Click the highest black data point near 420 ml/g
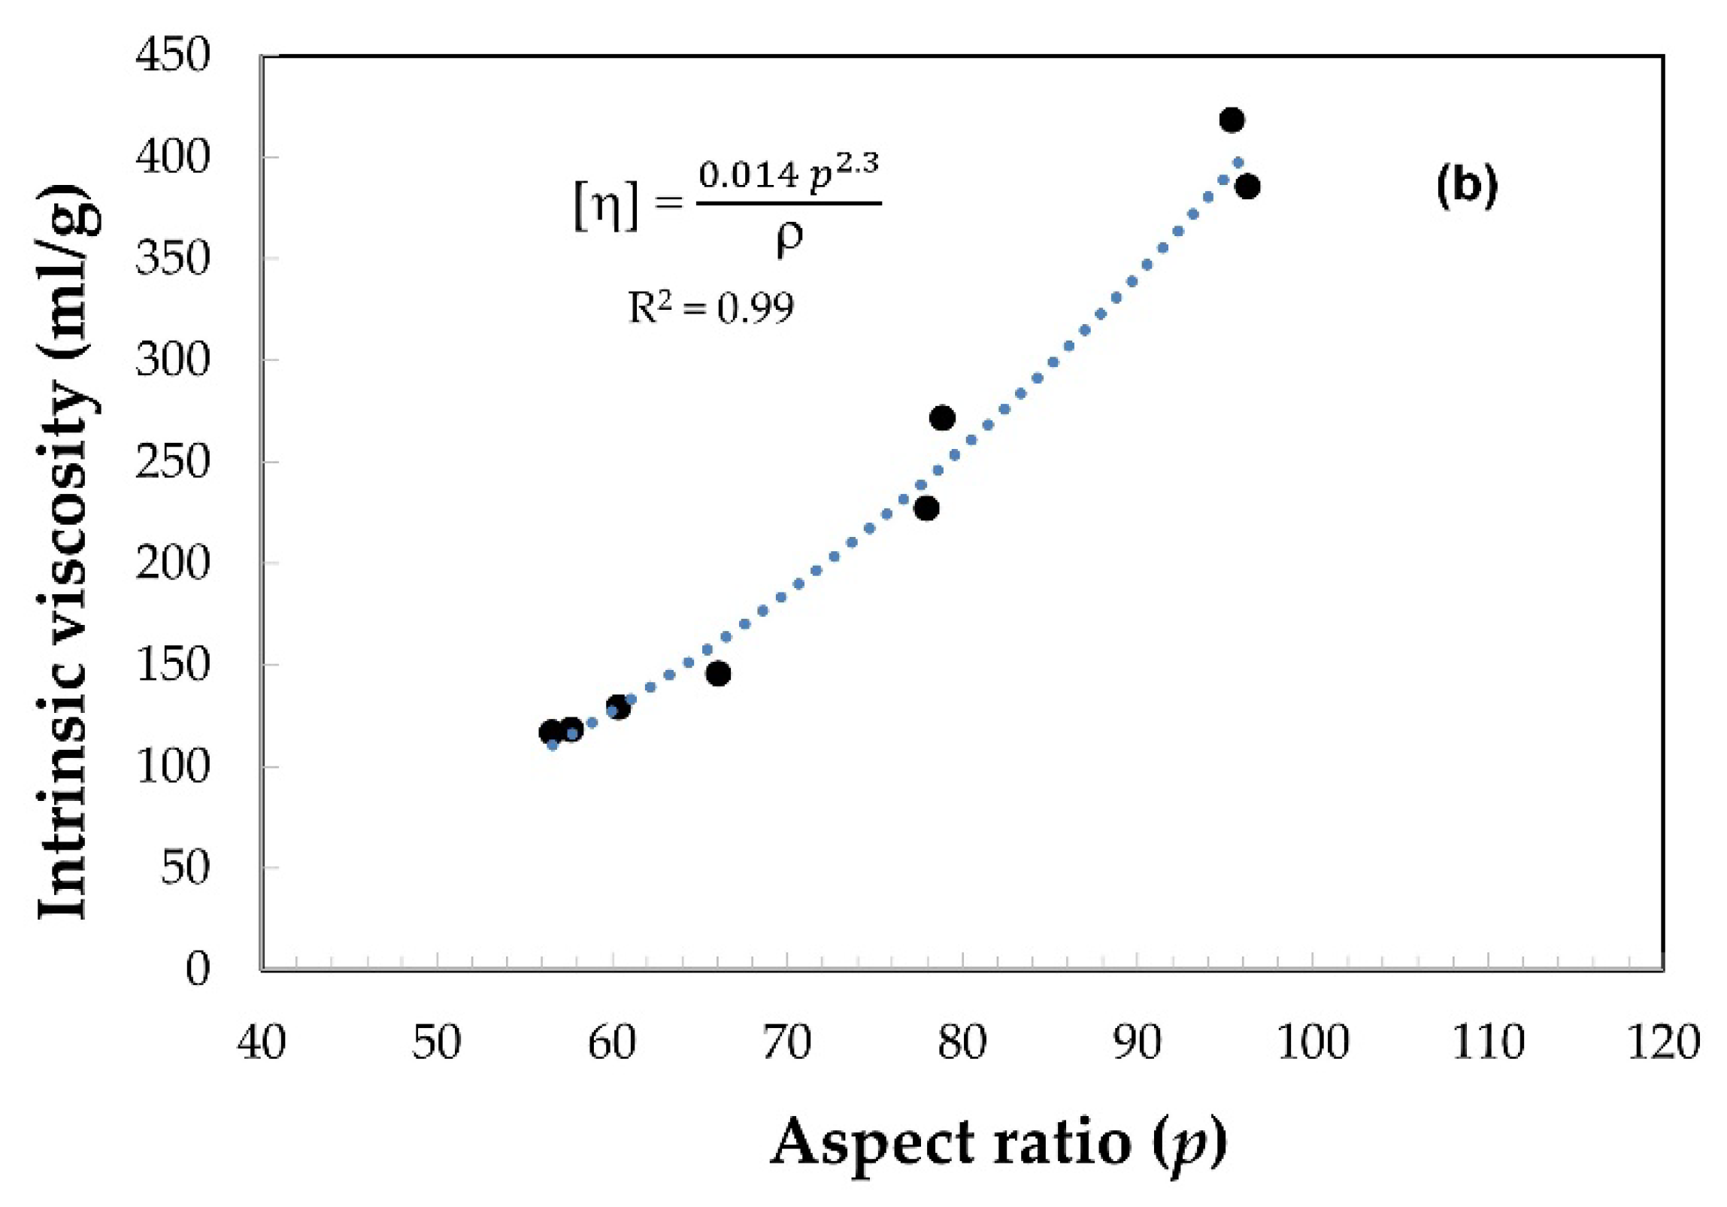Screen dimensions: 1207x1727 coord(1232,120)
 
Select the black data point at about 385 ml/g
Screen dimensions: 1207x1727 coord(1247,187)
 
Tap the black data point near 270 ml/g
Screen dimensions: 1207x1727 coord(943,418)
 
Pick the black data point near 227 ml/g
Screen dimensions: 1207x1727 coord(928,508)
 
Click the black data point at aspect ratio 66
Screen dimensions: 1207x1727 coord(718,674)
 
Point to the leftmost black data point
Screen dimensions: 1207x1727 coord(550,732)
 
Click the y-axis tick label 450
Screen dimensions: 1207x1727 coord(171,56)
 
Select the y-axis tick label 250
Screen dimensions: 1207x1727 coord(171,462)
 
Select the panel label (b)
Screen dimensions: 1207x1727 coord(1467,187)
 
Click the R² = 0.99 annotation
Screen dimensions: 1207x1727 coord(710,307)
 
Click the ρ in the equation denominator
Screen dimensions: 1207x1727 coord(788,238)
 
